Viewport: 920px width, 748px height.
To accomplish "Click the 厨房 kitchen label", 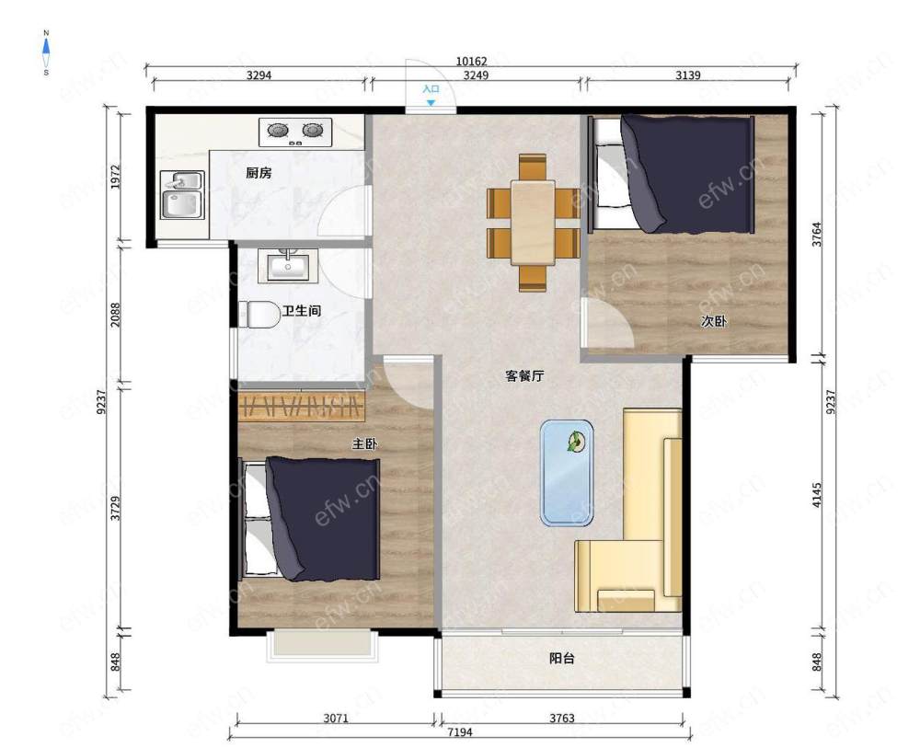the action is (x=259, y=173).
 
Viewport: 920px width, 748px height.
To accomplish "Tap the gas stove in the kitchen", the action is (x=295, y=132).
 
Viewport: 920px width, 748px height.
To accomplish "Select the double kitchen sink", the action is (x=182, y=195).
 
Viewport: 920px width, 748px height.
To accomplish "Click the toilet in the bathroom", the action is (x=259, y=315).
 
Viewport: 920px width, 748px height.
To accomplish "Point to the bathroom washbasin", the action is (x=287, y=266).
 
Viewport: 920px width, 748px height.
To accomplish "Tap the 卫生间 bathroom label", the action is (x=302, y=311).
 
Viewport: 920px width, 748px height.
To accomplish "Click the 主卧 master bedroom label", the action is (x=364, y=444).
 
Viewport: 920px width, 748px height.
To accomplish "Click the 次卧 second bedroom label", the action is (x=714, y=321).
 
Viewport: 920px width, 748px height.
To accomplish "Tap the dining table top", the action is (x=533, y=223).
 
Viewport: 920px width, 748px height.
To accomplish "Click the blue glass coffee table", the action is (x=567, y=473).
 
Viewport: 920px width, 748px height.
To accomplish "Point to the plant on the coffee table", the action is (x=576, y=442).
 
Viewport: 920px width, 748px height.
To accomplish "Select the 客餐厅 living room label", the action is (x=524, y=375).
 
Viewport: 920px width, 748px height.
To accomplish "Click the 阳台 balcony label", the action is (x=561, y=658).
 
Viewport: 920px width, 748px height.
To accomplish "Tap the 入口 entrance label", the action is (x=431, y=89).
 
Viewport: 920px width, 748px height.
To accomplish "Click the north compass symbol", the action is (x=46, y=52).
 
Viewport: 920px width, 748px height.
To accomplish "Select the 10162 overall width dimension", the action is (x=471, y=61).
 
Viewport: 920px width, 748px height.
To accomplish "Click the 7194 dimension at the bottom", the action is (x=459, y=732).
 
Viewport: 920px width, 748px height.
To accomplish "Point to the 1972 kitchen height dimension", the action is (x=116, y=177).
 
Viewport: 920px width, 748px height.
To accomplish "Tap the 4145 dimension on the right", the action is (x=817, y=495).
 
